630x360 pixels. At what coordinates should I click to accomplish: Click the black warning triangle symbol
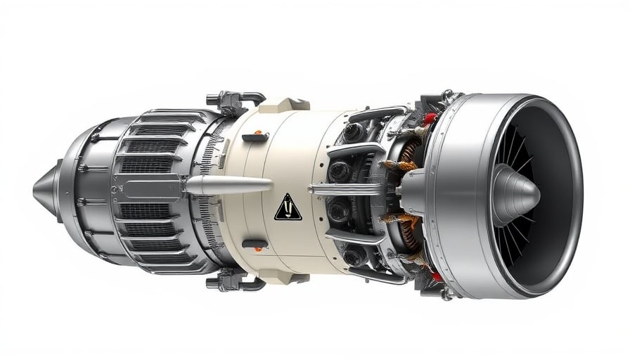tap(288, 208)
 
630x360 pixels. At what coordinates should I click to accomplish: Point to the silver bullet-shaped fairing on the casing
tap(228, 186)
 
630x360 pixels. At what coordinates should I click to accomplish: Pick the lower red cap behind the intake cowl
tap(437, 276)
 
